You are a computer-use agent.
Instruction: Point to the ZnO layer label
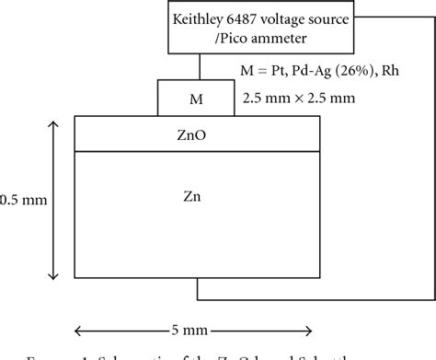tap(198, 135)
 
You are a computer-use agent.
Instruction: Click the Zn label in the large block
tap(198, 195)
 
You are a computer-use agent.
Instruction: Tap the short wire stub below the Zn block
tap(198, 287)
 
